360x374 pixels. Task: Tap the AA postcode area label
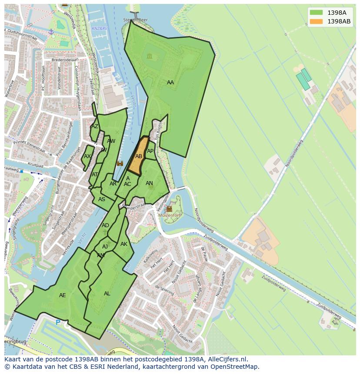pos(170,83)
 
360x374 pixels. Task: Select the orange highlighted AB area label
pos(139,156)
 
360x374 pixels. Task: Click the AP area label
pos(150,151)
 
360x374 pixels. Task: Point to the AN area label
pos(149,183)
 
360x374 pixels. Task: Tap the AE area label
pos(62,295)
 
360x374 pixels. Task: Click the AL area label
pos(107,294)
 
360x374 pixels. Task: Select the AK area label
pos(124,244)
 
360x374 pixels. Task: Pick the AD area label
pos(105,225)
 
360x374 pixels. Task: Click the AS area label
pos(101,199)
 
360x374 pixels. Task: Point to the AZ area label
pos(94,126)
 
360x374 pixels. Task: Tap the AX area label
pos(87,156)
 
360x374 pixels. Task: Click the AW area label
pos(111,141)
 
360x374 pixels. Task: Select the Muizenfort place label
pos(170,215)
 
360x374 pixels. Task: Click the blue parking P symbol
pos(58,322)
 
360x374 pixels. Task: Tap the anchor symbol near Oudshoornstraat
pos(51,32)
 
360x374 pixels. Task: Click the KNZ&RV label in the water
pos(100,29)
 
